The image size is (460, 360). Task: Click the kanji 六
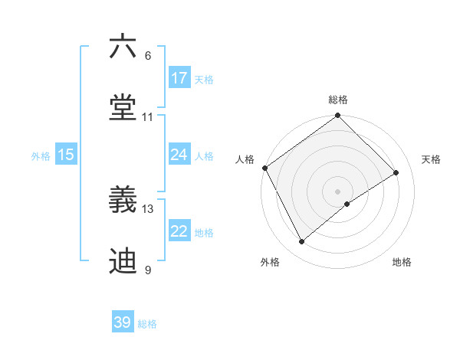(x=123, y=47)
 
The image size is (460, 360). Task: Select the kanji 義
(x=123, y=201)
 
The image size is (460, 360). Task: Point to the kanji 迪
(x=123, y=260)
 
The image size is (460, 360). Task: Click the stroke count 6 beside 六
(x=148, y=56)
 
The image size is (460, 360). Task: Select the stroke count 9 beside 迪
(x=148, y=270)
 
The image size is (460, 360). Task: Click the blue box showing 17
(x=179, y=78)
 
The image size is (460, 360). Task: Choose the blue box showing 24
(x=179, y=155)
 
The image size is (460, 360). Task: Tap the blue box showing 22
(x=179, y=231)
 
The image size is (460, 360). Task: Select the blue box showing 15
(x=66, y=155)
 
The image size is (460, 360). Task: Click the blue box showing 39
(x=123, y=322)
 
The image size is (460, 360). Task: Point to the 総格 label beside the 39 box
(x=147, y=324)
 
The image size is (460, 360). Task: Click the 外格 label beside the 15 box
(x=41, y=155)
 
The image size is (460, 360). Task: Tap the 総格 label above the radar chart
(x=338, y=100)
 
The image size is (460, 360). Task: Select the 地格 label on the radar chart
(x=402, y=262)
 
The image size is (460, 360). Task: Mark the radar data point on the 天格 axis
(x=396, y=173)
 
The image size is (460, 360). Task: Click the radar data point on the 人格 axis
(x=264, y=168)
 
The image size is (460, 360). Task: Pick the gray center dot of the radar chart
(x=338, y=191)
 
